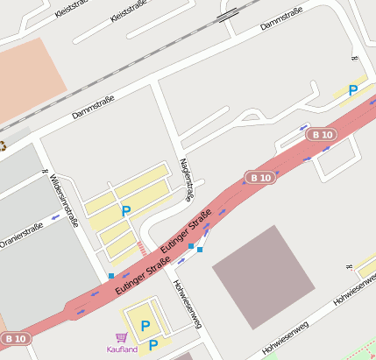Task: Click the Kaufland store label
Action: click(122, 350)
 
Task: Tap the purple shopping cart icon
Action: click(121, 337)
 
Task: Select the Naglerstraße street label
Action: click(185, 180)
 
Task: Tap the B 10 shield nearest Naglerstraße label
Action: click(260, 177)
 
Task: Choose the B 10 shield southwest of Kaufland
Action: click(15, 338)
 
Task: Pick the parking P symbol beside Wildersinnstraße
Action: click(125, 211)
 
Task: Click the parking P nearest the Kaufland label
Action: click(153, 345)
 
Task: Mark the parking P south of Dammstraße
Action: click(353, 90)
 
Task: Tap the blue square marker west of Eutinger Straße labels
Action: click(111, 277)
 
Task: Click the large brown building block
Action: click(263, 277)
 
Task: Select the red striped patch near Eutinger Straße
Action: click(142, 249)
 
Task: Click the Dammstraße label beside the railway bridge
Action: click(280, 18)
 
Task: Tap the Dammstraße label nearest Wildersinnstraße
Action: click(94, 109)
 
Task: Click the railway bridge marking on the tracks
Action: click(229, 13)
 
